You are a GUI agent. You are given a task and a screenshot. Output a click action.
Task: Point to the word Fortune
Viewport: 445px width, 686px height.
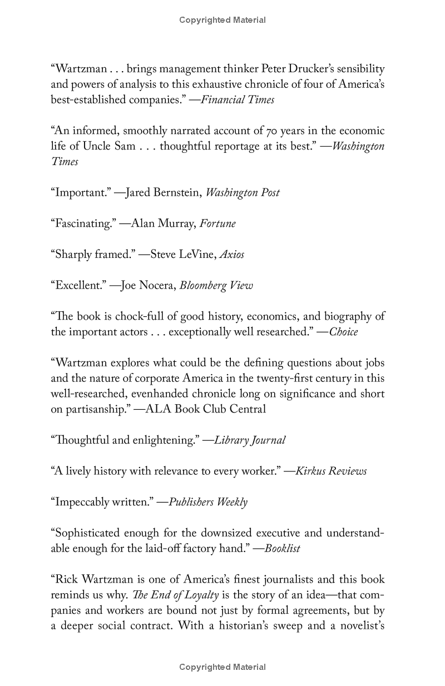click(x=217, y=224)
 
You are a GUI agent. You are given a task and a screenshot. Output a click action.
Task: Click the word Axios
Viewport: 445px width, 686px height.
click(x=231, y=255)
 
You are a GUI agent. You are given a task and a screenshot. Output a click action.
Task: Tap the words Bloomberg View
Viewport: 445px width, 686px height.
click(x=216, y=286)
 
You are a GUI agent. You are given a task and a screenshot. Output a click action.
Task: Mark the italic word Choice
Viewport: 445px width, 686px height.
click(x=344, y=332)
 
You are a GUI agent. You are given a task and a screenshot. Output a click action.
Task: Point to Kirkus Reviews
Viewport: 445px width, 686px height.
click(x=331, y=471)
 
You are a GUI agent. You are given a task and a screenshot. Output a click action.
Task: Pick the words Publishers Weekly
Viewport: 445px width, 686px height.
click(x=208, y=502)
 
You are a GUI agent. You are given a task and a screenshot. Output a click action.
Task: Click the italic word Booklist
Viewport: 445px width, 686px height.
click(x=282, y=549)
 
